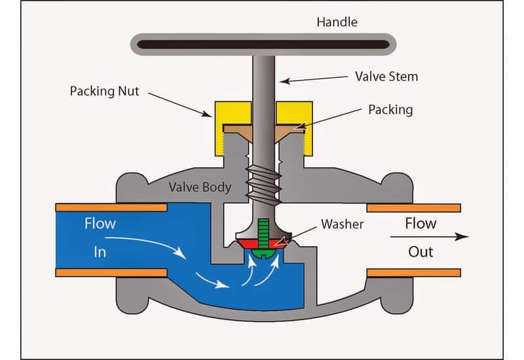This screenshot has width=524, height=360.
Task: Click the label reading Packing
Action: (390, 109)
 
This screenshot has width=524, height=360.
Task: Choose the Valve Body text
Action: (200, 187)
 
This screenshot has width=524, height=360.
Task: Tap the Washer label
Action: (342, 224)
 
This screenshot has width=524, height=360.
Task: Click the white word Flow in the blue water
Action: (100, 224)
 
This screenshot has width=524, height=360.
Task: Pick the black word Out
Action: (420, 251)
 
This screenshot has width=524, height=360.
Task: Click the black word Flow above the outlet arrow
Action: (420, 223)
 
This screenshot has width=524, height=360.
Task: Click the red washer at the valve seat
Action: (244, 243)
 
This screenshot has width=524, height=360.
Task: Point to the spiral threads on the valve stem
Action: (262, 180)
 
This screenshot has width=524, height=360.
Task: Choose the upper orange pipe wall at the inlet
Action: (111, 207)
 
